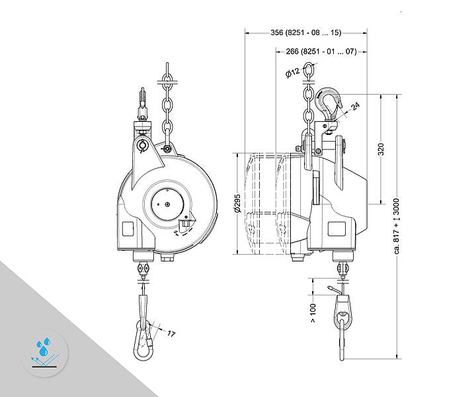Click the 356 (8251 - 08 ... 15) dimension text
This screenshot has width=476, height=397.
306,32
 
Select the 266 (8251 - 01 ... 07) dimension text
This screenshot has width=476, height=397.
321,52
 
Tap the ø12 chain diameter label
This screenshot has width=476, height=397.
293,73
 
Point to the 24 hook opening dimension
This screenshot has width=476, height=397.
356,106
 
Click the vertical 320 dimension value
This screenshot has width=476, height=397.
381,149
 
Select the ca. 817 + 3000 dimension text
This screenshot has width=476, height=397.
397,226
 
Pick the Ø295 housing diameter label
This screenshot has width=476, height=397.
237,203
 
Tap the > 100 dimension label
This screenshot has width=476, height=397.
313,313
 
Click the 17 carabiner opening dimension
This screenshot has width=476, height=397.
171,334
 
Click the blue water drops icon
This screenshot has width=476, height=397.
44,346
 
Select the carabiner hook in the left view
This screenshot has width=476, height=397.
143,340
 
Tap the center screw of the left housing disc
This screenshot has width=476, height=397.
167,204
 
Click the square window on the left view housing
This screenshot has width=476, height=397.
128,229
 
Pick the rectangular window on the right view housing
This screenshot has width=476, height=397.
337,229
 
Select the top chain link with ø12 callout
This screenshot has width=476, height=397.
309,69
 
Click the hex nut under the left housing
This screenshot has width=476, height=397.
167,258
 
